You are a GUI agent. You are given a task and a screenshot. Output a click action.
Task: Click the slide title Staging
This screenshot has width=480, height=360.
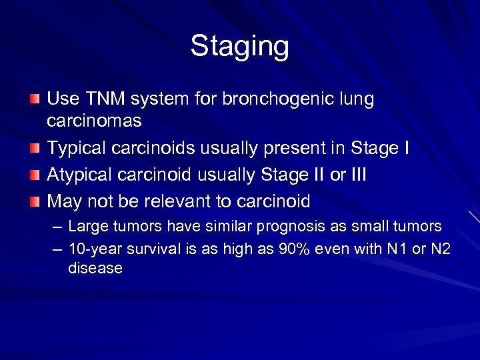tap(239, 47)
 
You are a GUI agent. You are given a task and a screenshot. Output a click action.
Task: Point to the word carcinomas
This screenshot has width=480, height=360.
tap(94, 121)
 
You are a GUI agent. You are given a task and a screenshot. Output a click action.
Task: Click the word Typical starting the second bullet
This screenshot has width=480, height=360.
tap(79, 148)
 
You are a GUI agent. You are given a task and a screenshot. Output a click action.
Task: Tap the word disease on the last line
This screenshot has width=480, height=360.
tap(95, 269)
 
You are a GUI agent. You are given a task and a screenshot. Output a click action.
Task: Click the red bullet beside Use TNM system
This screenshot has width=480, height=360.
tap(35, 99)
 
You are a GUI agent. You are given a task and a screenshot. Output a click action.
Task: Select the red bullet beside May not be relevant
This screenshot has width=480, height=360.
tap(35, 201)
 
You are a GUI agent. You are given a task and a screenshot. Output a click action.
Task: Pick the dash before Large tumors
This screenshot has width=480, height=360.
tap(56, 227)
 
